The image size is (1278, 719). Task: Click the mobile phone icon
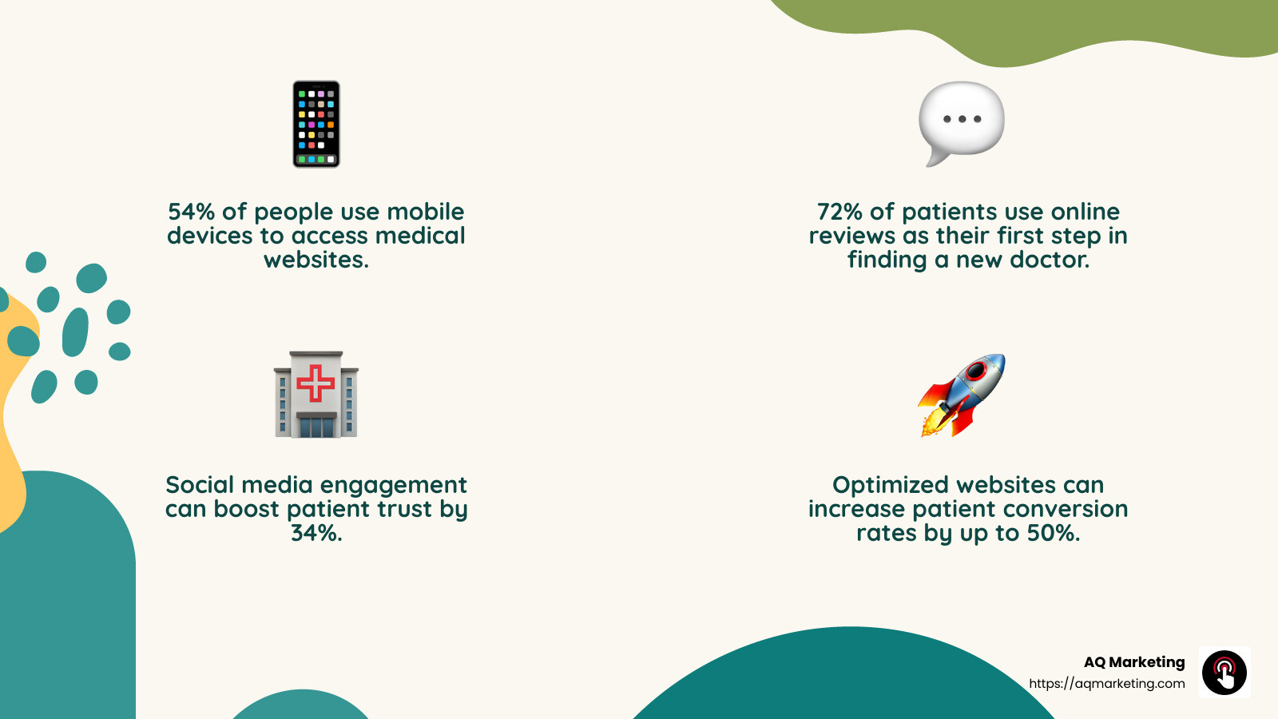click(x=316, y=124)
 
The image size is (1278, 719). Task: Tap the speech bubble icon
click(x=962, y=121)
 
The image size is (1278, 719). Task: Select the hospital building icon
click(x=316, y=395)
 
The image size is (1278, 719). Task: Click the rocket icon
click(x=962, y=395)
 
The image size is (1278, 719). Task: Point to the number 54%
click(x=191, y=212)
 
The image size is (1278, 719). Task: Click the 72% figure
click(x=839, y=212)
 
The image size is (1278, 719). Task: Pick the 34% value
click(x=316, y=533)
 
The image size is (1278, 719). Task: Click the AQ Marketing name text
click(x=1134, y=662)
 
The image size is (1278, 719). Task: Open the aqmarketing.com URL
click(x=1107, y=684)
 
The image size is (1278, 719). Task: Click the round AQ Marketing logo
click(x=1224, y=673)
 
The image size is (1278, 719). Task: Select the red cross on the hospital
click(x=316, y=383)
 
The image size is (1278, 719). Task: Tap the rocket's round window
click(x=976, y=371)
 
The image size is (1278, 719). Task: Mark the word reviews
click(x=852, y=236)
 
